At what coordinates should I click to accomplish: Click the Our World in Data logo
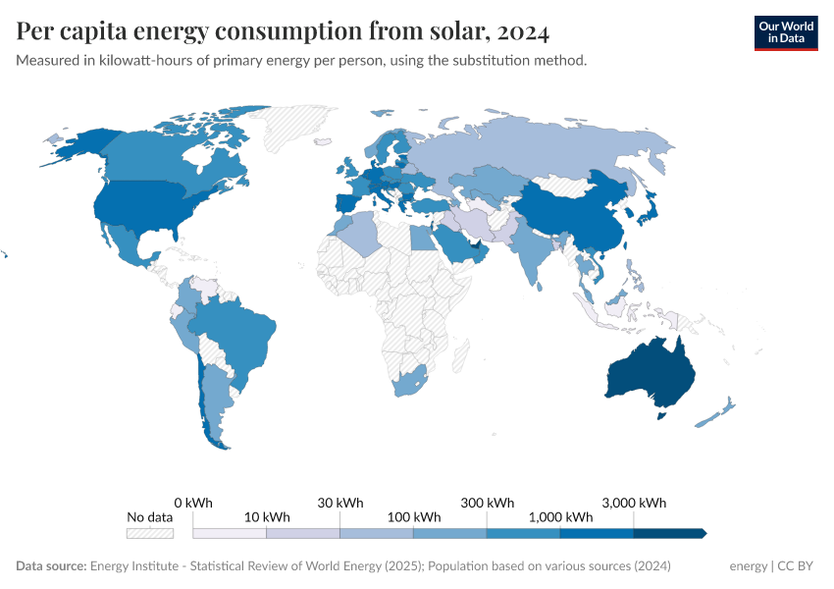click(785, 32)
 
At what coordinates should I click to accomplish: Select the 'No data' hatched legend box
click(149, 533)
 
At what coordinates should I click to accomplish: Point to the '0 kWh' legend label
click(193, 503)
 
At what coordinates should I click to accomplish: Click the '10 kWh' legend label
click(266, 517)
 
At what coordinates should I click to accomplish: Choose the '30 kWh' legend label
click(339, 503)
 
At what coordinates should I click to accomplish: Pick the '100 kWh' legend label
click(413, 517)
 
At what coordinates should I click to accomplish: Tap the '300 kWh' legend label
click(487, 503)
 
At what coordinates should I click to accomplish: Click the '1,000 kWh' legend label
click(560, 517)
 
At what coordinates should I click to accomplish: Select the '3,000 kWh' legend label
click(634, 503)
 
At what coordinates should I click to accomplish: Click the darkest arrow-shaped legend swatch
click(669, 533)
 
